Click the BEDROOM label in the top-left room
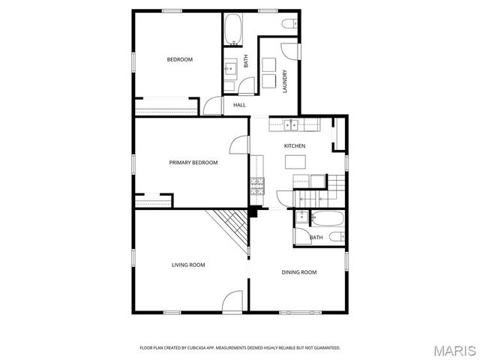180,60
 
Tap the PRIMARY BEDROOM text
193,163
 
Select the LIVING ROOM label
188,265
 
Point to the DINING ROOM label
299,272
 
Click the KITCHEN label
294,145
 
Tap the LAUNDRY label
285,81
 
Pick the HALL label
239,106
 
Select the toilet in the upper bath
288,25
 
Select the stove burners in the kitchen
257,182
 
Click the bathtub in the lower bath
327,219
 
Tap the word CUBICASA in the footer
193,348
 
